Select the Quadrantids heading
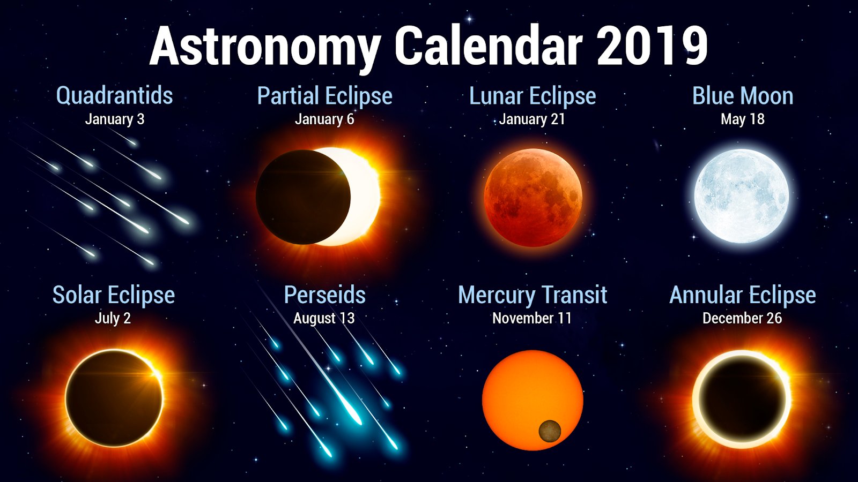[x=115, y=95]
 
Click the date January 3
[x=115, y=119]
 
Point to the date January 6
[x=324, y=119]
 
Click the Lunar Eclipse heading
[x=532, y=96]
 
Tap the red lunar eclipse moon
[x=533, y=198]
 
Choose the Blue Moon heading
[x=742, y=96]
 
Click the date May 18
[x=742, y=119]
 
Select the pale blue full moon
[x=742, y=196]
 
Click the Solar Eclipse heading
[x=113, y=295]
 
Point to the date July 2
[x=113, y=318]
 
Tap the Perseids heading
[x=325, y=295]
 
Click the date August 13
[x=324, y=318]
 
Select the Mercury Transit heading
[x=532, y=295]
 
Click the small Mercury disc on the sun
[x=550, y=431]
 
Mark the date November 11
[x=531, y=318]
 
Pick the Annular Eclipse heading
[x=742, y=295]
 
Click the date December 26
[x=742, y=318]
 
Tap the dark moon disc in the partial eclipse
[x=303, y=197]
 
